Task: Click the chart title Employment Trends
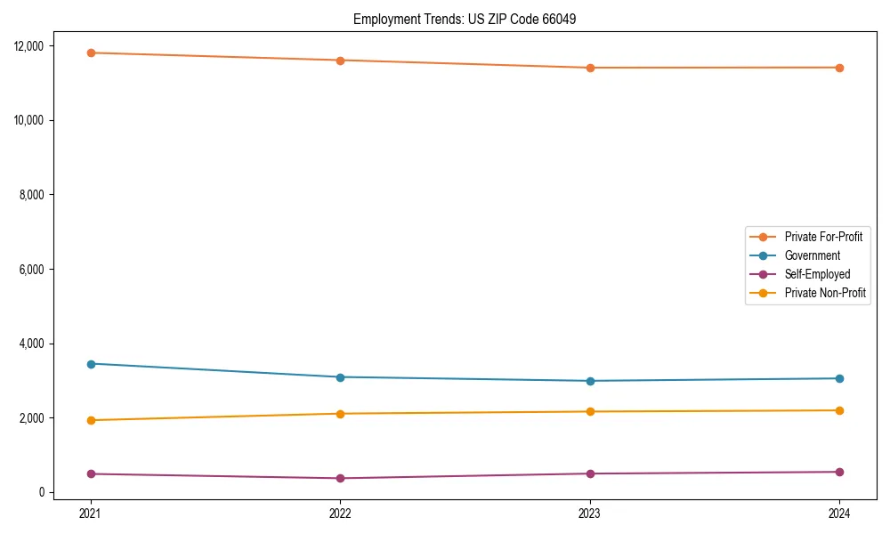pyautogui.click(x=465, y=19)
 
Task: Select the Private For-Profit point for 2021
pyautogui.click(x=91, y=53)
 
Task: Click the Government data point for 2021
pyautogui.click(x=91, y=364)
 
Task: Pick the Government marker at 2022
pyautogui.click(x=340, y=377)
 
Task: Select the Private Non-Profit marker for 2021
pyautogui.click(x=91, y=420)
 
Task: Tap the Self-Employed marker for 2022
pyautogui.click(x=340, y=478)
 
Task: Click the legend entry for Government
pyautogui.click(x=812, y=255)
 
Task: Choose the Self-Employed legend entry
pyautogui.click(x=817, y=274)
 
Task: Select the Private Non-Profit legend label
pyautogui.click(x=825, y=293)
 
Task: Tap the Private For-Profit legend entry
pyautogui.click(x=823, y=237)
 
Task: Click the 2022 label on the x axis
pyautogui.click(x=340, y=513)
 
